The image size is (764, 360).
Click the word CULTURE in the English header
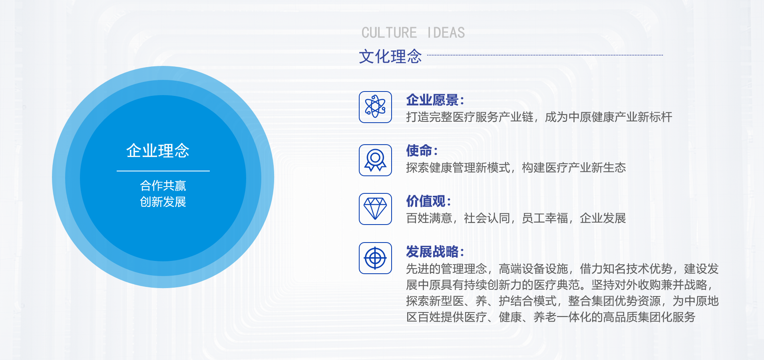click(x=389, y=33)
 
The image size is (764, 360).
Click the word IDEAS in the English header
click(x=446, y=33)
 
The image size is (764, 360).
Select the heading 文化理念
click(x=390, y=56)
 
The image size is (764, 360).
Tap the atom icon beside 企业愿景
click(x=375, y=107)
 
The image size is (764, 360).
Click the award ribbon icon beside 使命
click(x=375, y=160)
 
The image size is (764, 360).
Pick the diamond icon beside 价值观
click(x=375, y=209)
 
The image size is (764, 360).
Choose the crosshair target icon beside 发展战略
click(x=375, y=258)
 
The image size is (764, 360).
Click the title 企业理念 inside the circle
click(x=158, y=151)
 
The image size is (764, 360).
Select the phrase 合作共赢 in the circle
click(x=163, y=185)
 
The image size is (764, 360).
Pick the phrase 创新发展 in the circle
click(x=163, y=202)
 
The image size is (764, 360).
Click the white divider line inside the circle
click(x=163, y=171)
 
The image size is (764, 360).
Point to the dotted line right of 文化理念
click(x=545, y=55)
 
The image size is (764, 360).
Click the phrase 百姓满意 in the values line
click(x=429, y=218)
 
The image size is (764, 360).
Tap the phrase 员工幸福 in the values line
click(x=545, y=218)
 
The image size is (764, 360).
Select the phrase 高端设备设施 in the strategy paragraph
click(x=533, y=269)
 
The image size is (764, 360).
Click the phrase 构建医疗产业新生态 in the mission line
click(x=574, y=167)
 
